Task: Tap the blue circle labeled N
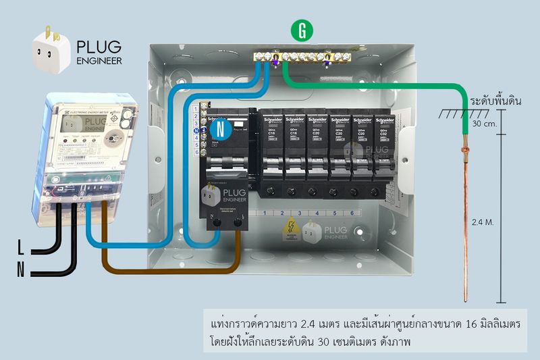(x=217, y=127)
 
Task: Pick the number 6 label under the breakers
(x=351, y=213)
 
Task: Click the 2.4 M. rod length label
(x=481, y=221)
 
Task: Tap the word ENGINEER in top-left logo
(x=99, y=61)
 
